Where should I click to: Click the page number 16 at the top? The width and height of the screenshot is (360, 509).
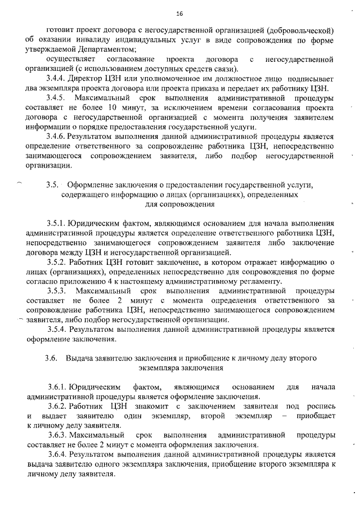pos(179,13)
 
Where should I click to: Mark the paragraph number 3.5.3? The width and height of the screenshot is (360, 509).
pos(58,291)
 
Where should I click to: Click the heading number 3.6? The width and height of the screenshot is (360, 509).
pos(52,358)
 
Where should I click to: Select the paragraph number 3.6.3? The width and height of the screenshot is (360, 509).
pos(57,435)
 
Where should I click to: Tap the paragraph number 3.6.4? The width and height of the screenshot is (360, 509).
pos(57,454)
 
